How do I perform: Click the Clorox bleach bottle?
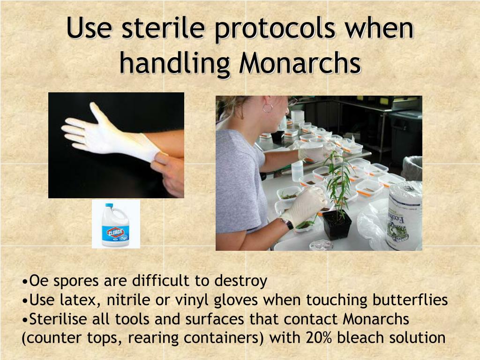(115, 225)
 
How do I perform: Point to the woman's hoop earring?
(268, 108)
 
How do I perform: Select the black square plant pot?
(337, 224)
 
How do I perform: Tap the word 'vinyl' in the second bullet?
(192, 300)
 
